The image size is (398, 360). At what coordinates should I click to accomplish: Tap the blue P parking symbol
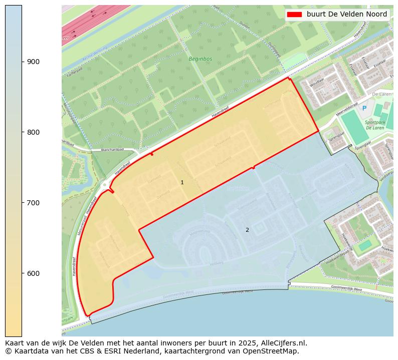tap(364, 108)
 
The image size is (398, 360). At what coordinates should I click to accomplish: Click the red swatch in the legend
tap(295, 14)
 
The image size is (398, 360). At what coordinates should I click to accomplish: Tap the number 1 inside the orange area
tap(182, 183)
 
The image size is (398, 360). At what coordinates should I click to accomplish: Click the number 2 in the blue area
tap(247, 230)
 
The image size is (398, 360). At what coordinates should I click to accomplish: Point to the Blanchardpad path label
tap(112, 149)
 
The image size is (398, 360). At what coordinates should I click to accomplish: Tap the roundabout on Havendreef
tap(105, 185)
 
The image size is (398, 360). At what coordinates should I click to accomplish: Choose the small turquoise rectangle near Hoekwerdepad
tap(365, 245)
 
